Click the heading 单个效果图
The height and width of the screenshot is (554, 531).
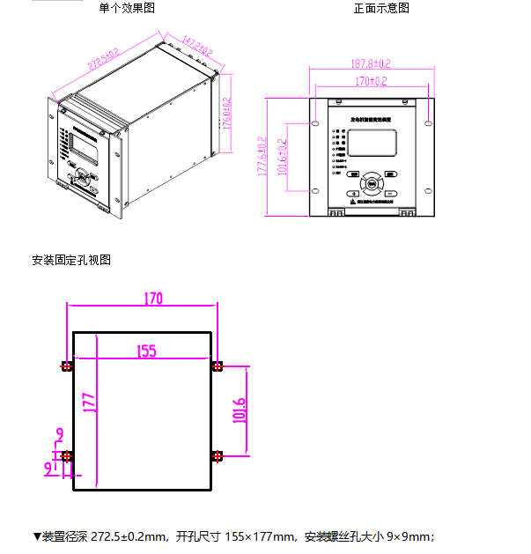(127, 8)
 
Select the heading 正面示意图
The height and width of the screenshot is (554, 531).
(381, 8)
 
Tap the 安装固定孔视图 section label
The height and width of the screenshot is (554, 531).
(71, 260)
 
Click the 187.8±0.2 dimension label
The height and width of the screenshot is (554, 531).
(371, 63)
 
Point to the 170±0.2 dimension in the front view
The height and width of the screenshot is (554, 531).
(372, 81)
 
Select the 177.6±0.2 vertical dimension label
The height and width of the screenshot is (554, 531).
(262, 157)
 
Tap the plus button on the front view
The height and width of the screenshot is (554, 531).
(353, 193)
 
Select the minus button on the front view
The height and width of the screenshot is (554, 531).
(389, 193)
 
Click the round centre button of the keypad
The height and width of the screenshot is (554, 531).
(372, 184)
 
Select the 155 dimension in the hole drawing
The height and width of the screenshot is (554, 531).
(146, 351)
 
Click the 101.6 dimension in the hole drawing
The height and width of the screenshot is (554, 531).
(239, 410)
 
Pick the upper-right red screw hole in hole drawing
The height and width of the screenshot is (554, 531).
(218, 366)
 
